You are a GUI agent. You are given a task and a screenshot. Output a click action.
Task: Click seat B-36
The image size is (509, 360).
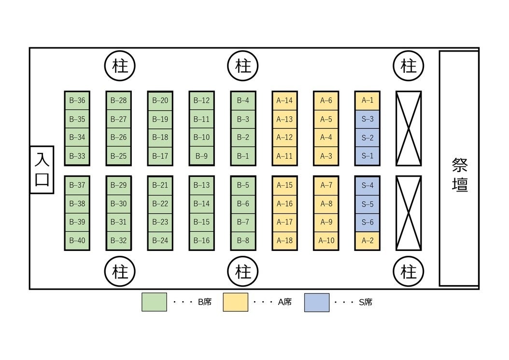coord(77,100)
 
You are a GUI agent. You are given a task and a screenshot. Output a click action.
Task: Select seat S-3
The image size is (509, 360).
coord(368,119)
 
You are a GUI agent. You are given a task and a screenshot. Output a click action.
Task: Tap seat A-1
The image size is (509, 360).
coord(368,100)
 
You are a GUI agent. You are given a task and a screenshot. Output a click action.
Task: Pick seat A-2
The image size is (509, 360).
coord(368,240)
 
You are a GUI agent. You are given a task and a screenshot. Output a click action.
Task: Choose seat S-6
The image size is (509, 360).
coord(368,222)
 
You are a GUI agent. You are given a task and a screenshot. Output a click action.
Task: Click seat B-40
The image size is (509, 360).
coord(77,240)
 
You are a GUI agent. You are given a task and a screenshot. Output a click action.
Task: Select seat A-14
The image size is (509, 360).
coord(284,100)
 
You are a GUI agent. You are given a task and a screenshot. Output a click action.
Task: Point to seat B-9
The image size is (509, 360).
coord(202,156)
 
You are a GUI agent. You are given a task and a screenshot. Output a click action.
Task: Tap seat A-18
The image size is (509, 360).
coord(284,240)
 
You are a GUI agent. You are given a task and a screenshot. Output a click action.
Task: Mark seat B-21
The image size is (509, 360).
coord(160,185)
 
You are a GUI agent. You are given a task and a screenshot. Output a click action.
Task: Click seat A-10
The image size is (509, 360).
coord(326,240)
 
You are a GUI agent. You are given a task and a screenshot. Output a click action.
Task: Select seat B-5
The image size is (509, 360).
coord(243,185)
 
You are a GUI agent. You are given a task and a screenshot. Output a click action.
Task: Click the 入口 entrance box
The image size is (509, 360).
coord(42,169)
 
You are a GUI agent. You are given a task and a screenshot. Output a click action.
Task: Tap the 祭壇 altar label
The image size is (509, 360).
coord(459,175)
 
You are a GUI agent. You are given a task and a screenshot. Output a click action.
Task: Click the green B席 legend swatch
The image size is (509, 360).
coord(154,302)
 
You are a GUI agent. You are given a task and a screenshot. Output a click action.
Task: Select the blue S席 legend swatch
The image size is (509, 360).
coord(317,302)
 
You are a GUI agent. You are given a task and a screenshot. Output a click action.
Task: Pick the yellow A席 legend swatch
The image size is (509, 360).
coord(236,302)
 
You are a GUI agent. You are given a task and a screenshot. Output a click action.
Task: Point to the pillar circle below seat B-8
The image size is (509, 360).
coord(243,272)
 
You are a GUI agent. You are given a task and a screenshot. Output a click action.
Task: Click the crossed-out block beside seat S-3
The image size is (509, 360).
coord(409,128)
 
